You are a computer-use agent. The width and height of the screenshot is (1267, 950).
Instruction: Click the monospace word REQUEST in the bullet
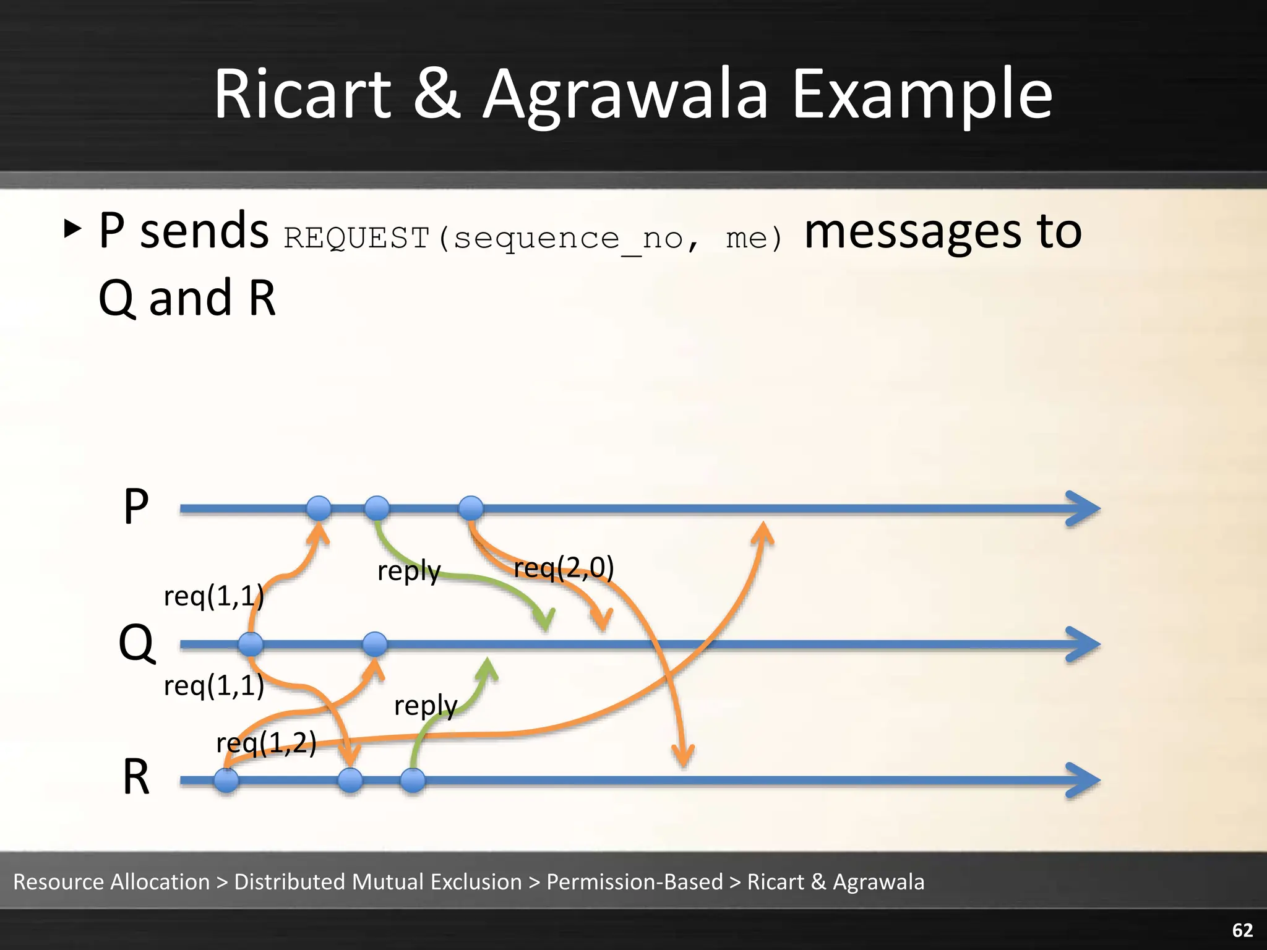(x=356, y=238)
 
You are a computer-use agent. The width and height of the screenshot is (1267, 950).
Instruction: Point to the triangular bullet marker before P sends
(x=72, y=229)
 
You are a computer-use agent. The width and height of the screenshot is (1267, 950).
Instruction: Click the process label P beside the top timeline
(x=136, y=507)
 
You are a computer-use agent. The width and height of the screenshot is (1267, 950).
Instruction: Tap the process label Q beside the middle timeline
(x=136, y=643)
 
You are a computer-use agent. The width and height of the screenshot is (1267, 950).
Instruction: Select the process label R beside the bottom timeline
(x=136, y=777)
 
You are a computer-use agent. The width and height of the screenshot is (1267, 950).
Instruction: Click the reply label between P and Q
(x=409, y=571)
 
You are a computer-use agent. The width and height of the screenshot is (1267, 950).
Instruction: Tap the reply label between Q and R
(x=426, y=706)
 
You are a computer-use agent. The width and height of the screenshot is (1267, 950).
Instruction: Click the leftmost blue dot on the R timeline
(x=226, y=780)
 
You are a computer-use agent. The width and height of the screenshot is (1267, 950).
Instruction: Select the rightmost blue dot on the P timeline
(x=471, y=508)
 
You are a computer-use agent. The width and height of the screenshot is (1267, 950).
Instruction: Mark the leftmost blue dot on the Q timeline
(x=251, y=644)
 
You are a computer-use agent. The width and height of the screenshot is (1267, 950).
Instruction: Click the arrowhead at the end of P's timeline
(x=1084, y=509)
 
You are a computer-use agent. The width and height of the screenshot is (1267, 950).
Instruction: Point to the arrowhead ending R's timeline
(x=1084, y=781)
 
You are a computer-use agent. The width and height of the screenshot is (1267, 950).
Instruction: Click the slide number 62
(x=1242, y=930)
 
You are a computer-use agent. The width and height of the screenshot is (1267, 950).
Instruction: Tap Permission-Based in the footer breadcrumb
(x=635, y=882)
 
